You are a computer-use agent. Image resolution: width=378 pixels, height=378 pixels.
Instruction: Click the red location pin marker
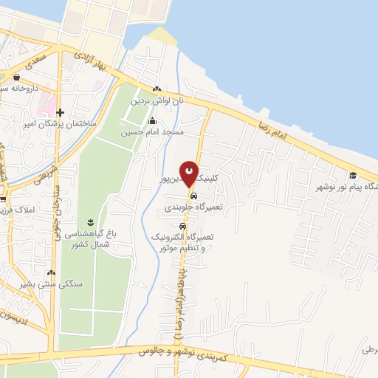pos(190,173)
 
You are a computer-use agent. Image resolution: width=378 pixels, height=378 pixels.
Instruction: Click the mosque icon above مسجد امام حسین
pos(153,121)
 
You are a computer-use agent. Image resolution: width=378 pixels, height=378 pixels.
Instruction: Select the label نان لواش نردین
pos(156,100)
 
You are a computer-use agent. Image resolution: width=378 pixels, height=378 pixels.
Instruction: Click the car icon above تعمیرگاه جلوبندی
pos(193,197)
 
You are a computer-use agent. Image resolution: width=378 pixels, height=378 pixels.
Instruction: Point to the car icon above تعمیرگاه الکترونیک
pos(182,227)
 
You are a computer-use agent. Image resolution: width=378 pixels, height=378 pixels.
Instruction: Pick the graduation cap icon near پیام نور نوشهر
pos(353,175)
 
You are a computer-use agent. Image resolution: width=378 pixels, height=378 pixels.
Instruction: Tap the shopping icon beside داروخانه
pos(16,77)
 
